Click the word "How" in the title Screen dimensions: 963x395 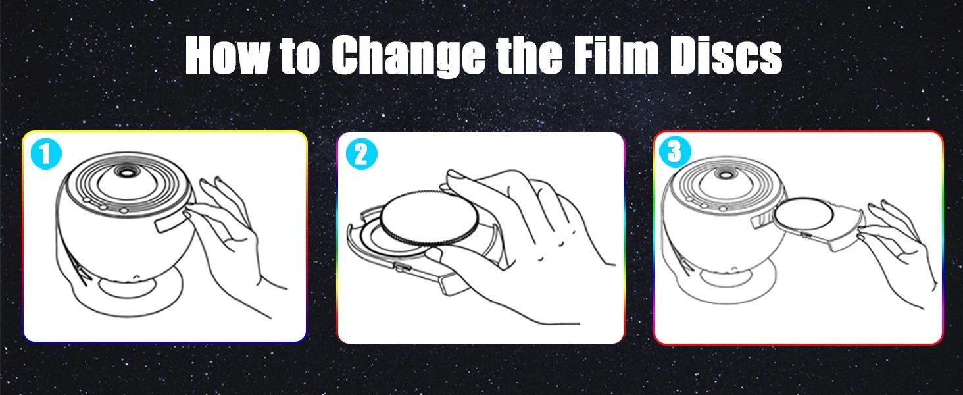(x=226, y=55)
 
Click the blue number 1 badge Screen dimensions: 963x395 (x=46, y=154)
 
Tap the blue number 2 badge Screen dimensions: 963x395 (x=361, y=154)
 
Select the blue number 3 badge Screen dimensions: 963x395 (x=675, y=151)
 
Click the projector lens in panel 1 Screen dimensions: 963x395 (x=126, y=172)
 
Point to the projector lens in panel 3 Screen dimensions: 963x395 (x=727, y=174)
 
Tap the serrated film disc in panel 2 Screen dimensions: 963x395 (x=429, y=219)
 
